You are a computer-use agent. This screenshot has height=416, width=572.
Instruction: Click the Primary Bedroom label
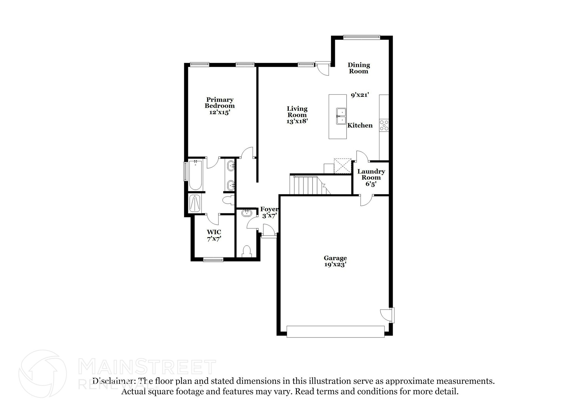(x=220, y=103)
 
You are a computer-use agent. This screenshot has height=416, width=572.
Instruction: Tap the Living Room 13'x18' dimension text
(x=297, y=121)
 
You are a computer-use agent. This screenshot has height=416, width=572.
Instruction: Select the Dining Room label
(x=359, y=68)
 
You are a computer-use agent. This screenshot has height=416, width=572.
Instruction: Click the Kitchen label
(x=360, y=125)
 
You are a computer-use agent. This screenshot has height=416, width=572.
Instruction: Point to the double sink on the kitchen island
(x=341, y=116)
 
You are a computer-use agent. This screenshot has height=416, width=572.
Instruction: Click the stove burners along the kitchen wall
(x=384, y=125)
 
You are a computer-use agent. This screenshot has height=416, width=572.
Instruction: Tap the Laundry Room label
(x=371, y=174)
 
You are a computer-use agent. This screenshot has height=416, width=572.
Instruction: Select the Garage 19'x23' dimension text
(x=335, y=264)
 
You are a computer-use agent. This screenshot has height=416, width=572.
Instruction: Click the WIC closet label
(x=214, y=232)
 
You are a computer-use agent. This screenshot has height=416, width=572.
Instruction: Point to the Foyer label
(x=269, y=209)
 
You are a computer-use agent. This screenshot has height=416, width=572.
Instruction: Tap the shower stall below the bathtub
(x=194, y=203)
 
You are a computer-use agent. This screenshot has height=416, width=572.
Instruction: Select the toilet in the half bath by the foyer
(x=247, y=251)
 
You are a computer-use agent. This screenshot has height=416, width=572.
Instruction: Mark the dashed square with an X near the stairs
(x=342, y=166)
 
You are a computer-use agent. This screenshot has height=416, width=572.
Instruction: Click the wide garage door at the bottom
(x=335, y=331)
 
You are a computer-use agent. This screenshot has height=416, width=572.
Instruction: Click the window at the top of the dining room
(x=361, y=37)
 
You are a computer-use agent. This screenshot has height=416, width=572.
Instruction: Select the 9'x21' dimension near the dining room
(x=360, y=95)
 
